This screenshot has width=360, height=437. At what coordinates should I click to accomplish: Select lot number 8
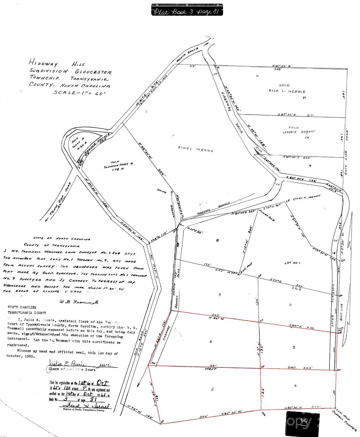(x=218, y=241)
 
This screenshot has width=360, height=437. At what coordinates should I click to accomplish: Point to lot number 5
(x=213, y=389)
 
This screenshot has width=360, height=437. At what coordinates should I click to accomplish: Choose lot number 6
(x=211, y=342)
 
